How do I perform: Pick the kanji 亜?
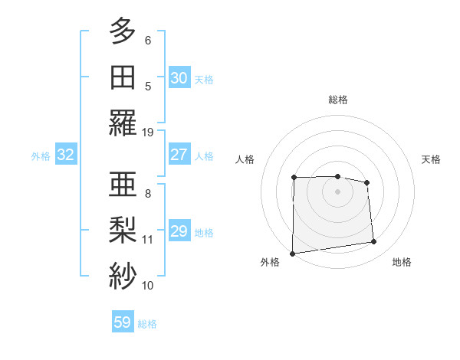pyautogui.click(x=123, y=184)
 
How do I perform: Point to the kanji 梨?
pyautogui.click(x=123, y=230)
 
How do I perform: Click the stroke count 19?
pyautogui.click(x=148, y=132)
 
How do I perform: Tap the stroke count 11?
pyautogui.click(x=148, y=239)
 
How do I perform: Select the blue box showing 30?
pyautogui.click(x=179, y=77)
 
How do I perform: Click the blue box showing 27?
pyautogui.click(x=179, y=154)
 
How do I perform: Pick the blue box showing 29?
pyautogui.click(x=179, y=231)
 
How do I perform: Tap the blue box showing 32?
pyautogui.click(x=65, y=155)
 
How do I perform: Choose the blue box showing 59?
pyautogui.click(x=123, y=322)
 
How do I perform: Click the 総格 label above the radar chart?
pyautogui.click(x=337, y=100)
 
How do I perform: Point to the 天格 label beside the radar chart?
pyautogui.click(x=431, y=159)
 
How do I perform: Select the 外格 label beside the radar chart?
pyautogui.click(x=270, y=262)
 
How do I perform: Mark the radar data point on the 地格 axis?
pyautogui.click(x=373, y=242)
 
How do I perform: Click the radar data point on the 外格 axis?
pyautogui.click(x=292, y=254)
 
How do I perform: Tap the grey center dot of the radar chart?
pyautogui.click(x=337, y=191)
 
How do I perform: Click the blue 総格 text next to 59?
pyautogui.click(x=147, y=324)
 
